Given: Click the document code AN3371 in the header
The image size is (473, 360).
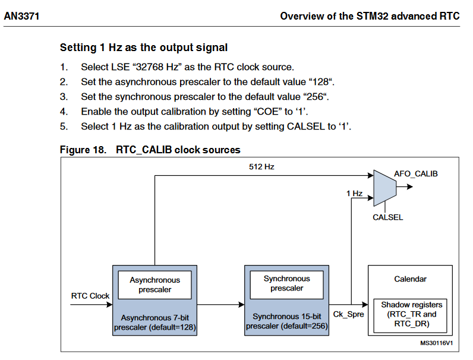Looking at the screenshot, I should click(21, 16).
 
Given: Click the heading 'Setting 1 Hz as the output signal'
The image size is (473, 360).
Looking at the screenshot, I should click(144, 48).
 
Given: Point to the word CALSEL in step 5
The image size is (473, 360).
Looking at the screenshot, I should click(301, 127).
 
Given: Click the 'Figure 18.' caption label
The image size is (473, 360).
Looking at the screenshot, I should click(83, 150).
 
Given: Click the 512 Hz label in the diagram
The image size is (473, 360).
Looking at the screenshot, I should click(261, 167).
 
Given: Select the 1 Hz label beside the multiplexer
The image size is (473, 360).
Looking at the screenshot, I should click(354, 193).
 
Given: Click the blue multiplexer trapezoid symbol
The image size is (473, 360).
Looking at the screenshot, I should click(384, 186).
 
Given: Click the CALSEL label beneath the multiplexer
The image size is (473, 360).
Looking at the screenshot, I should click(387, 217).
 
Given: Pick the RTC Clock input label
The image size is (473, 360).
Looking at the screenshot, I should click(90, 295).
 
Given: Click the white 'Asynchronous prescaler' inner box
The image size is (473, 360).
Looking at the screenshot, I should click(154, 285).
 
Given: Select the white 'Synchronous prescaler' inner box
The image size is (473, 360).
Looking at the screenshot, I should click(286, 283).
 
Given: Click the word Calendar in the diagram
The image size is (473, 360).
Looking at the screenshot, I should click(411, 279).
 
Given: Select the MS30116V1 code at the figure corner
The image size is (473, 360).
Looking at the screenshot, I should click(437, 343).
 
